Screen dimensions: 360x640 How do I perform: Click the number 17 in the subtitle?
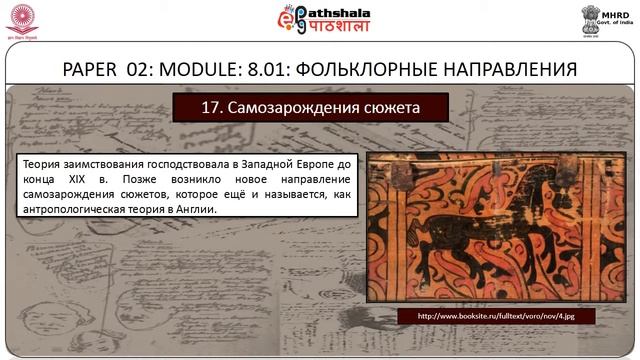(x=211, y=106)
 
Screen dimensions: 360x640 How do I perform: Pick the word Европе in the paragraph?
(x=311, y=162)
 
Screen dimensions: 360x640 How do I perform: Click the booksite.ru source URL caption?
(x=493, y=316)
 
